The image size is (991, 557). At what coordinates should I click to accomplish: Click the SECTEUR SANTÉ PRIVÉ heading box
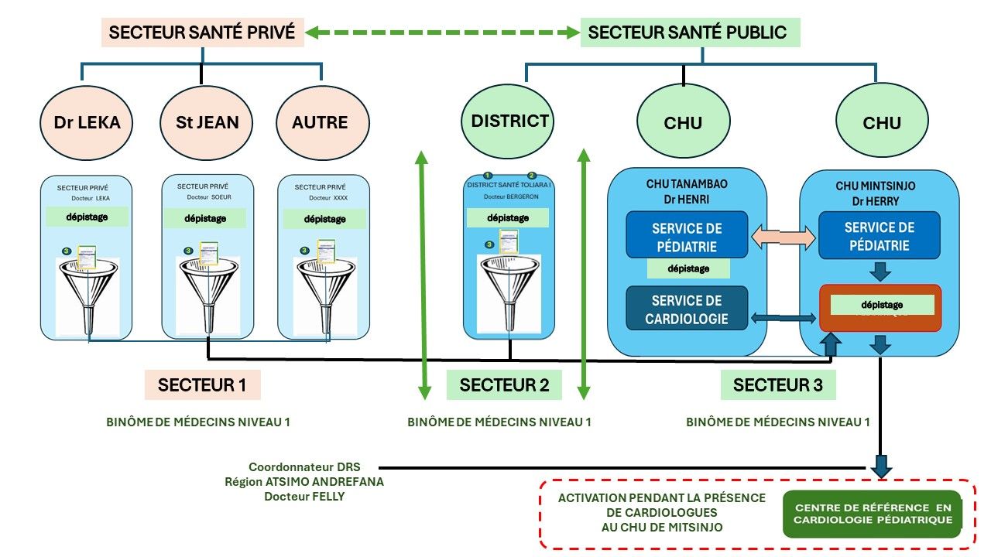(x=203, y=32)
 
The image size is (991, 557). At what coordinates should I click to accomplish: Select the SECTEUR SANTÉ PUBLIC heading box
(x=689, y=32)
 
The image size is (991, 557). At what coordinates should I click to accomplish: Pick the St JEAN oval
(x=201, y=121)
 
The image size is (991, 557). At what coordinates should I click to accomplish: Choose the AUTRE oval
(x=321, y=121)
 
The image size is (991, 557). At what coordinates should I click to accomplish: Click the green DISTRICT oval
(x=509, y=121)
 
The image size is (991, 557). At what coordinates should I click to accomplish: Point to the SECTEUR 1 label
(x=202, y=384)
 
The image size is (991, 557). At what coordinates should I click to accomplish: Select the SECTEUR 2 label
(x=505, y=384)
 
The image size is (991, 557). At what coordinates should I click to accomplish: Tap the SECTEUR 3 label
(x=777, y=384)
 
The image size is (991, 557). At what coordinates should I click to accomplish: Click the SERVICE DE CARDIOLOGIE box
(x=687, y=309)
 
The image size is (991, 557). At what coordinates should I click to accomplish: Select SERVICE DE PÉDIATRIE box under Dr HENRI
(x=687, y=237)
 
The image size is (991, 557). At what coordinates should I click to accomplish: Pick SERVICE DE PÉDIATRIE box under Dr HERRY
(x=880, y=236)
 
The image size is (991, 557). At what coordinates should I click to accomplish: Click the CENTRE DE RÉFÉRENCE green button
(x=873, y=514)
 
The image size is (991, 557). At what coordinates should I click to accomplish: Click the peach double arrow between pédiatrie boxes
(x=784, y=237)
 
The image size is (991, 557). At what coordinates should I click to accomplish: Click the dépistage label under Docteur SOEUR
(x=206, y=218)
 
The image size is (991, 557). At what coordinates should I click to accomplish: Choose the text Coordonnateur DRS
(x=304, y=467)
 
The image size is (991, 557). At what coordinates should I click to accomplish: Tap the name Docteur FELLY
(x=304, y=496)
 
